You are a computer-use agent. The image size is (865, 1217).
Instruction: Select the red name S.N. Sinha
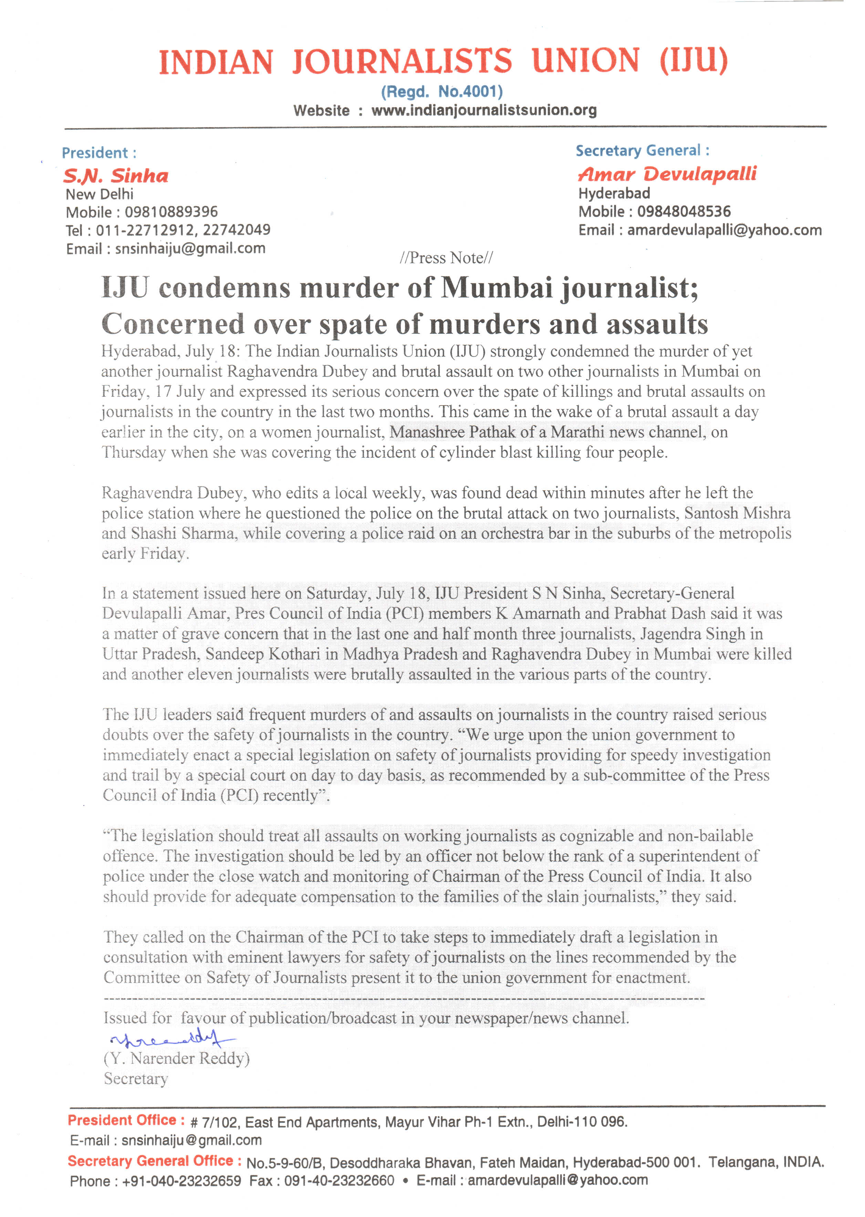click(116, 176)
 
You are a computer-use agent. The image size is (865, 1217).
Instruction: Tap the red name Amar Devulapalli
click(667, 174)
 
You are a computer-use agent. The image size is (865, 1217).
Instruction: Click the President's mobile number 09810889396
click(171, 212)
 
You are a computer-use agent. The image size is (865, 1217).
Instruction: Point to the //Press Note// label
click(446, 258)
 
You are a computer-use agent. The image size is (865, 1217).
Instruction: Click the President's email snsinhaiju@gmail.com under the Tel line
click(190, 248)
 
